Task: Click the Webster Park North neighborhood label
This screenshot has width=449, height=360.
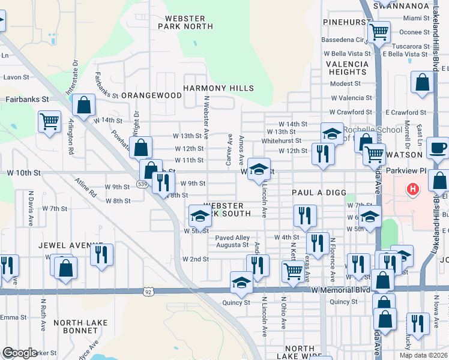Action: (185, 22)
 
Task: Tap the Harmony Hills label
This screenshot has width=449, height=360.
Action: (218, 88)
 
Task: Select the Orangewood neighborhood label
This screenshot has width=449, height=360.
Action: (151, 95)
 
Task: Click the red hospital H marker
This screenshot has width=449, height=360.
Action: (412, 190)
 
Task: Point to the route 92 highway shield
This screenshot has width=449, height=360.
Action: (148, 292)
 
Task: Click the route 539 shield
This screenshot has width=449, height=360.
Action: (142, 184)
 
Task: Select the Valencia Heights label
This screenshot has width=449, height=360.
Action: (346, 67)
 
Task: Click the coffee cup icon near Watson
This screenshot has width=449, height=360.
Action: (438, 148)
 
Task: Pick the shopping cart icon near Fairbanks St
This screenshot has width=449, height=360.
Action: (49, 121)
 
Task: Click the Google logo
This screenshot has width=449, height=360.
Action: (20, 353)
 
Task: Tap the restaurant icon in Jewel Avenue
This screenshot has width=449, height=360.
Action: (101, 254)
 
